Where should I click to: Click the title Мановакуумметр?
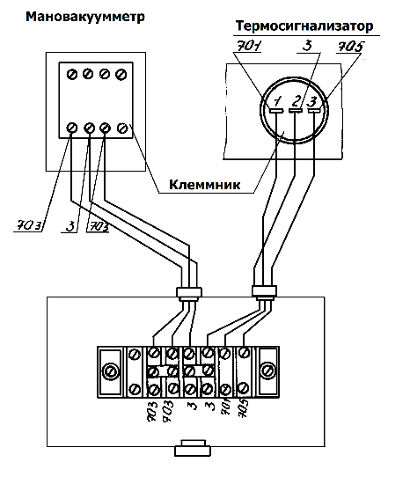click(85, 17)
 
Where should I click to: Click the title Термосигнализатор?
click(304, 26)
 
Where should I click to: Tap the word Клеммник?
click(205, 185)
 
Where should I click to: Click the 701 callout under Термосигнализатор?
click(248, 46)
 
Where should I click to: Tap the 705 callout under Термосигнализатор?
click(351, 47)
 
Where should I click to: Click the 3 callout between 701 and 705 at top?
click(307, 46)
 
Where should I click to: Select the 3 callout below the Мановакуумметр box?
click(70, 226)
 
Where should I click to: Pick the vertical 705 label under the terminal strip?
click(244, 408)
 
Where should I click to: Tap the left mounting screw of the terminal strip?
click(109, 371)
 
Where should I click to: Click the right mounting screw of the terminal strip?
click(268, 371)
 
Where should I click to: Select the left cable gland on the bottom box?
click(189, 293)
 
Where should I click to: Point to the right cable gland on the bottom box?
click(264, 291)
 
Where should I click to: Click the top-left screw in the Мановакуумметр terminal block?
click(72, 75)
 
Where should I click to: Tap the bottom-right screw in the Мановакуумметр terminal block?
click(122, 128)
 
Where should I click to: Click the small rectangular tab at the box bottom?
click(193, 447)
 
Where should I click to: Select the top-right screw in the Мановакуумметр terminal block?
click(121, 75)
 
